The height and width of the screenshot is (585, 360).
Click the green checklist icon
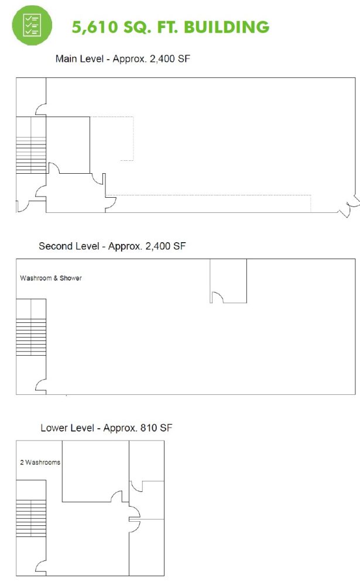[32, 25]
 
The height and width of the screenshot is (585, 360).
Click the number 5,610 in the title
[95, 27]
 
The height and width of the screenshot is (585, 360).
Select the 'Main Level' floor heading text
[80, 58]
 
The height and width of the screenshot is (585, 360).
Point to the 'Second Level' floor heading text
[69, 246]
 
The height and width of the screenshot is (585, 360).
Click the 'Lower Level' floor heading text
[67, 428]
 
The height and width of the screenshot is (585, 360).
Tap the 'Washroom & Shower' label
[51, 278]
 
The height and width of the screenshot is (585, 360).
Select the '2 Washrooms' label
[40, 462]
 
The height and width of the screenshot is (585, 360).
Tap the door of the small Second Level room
[217, 297]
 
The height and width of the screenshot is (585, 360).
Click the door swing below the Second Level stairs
[41, 385]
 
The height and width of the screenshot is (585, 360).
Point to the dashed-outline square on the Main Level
[112, 139]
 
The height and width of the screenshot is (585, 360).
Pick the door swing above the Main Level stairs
[41, 109]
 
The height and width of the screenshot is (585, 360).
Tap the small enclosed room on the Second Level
[228, 281]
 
